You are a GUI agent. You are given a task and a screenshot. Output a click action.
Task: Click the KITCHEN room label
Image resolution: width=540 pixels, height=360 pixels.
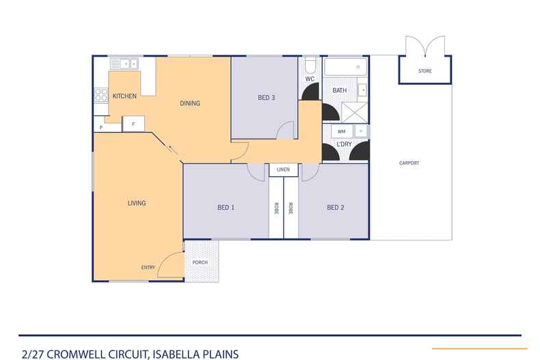click(124, 96)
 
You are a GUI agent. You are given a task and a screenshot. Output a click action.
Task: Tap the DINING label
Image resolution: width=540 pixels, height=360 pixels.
click(190, 103)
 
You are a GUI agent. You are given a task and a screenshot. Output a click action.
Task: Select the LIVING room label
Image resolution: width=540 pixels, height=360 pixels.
click(137, 203)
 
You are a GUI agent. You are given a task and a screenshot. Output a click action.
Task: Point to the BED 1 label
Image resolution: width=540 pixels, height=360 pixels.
click(226, 207)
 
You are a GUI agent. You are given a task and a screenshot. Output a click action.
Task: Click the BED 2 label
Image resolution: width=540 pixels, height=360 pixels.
click(336, 207)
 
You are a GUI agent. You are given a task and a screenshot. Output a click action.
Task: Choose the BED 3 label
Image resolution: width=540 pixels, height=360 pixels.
click(267, 98)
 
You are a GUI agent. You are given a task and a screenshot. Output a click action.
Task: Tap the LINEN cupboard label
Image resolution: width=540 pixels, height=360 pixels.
click(283, 169)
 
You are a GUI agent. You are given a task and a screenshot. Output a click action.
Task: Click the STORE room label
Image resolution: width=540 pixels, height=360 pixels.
click(425, 71)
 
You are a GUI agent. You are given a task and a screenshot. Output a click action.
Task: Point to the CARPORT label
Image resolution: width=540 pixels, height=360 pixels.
click(409, 163)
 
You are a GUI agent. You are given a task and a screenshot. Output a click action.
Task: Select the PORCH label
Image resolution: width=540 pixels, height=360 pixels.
click(200, 262)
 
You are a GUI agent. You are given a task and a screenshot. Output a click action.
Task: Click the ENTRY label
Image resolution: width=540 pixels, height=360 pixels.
click(148, 267)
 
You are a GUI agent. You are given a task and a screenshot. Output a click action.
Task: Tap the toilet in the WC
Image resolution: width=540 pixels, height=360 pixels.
click(310, 65)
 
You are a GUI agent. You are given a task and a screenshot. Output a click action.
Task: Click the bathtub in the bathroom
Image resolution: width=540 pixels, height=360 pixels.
click(345, 67)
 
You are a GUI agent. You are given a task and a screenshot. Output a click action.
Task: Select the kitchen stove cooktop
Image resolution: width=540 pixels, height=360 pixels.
click(101, 95)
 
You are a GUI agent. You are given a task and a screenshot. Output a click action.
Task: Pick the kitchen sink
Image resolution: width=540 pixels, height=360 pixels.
click(124, 64)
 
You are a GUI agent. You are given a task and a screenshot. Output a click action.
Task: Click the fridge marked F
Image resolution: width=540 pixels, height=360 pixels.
click(133, 124)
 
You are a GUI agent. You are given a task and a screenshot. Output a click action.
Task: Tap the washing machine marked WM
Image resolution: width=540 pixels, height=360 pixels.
click(342, 131)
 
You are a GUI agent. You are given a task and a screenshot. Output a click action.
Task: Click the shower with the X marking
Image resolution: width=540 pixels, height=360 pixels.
click(354, 112)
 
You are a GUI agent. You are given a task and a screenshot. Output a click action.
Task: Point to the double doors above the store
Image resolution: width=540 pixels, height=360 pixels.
click(425, 46)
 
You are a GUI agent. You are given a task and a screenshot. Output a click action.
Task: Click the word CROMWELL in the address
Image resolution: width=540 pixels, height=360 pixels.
click(76, 354)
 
